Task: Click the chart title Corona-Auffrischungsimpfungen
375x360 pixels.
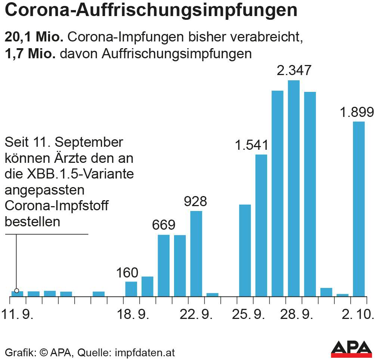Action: pyautogui.click(x=151, y=11)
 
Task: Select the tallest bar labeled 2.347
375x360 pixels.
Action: pyautogui.click(x=294, y=188)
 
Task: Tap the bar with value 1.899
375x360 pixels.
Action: pyautogui.click(x=359, y=209)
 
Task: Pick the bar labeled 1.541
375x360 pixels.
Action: pyautogui.click(x=261, y=225)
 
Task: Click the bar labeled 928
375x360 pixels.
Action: pyautogui.click(x=196, y=254)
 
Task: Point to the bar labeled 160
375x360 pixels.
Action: pyautogui.click(x=131, y=289)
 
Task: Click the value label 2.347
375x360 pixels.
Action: pyautogui.click(x=294, y=70)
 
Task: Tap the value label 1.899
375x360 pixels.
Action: pyautogui.click(x=357, y=112)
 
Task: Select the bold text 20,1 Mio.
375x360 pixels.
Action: pyautogui.click(x=34, y=37)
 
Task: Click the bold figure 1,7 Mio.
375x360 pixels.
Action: pyautogui.click(x=30, y=54)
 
